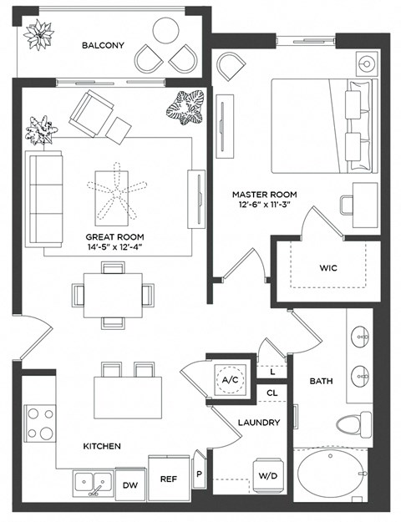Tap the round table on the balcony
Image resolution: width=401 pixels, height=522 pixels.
coord(166,33)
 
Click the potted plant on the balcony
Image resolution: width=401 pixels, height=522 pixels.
coord(38,34)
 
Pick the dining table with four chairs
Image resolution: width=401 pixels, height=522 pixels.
coord(113,295)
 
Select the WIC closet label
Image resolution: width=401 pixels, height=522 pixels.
coord(327,269)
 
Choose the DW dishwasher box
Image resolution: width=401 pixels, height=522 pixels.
coord(130,484)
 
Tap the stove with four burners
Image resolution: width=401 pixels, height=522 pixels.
coord(39,423)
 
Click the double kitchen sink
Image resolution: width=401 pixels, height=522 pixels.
coord(93,482)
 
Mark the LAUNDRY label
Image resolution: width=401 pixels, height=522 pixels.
coord(259,423)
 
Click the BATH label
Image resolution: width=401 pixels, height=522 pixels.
coord(322,381)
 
